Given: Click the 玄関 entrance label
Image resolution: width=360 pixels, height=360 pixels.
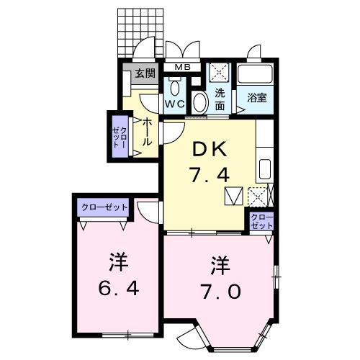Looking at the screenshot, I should (145, 73).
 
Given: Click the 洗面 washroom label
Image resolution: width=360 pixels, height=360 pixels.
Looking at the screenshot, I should (220, 99).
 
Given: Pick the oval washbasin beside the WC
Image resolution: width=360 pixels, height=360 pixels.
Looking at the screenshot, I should (200, 101).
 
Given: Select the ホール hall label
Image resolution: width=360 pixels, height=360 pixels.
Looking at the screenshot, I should (146, 132).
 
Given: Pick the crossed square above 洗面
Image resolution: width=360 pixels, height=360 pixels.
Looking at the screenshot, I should (218, 73).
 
